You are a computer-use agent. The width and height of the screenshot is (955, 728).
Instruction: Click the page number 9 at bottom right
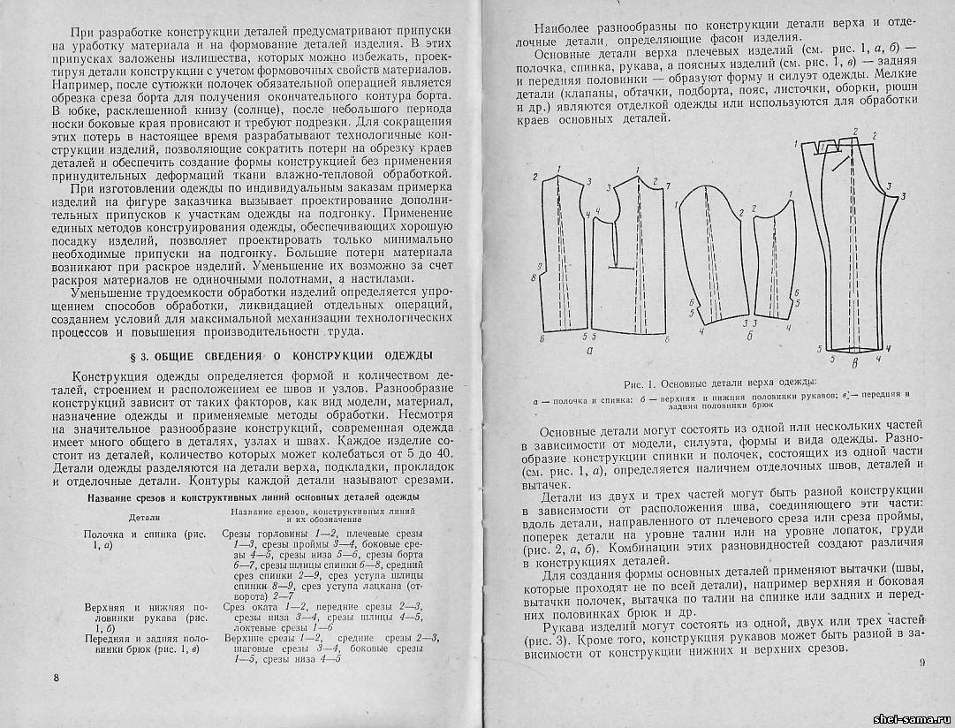pos(921,664)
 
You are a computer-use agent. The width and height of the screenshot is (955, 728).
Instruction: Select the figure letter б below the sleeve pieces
pos(749,336)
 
